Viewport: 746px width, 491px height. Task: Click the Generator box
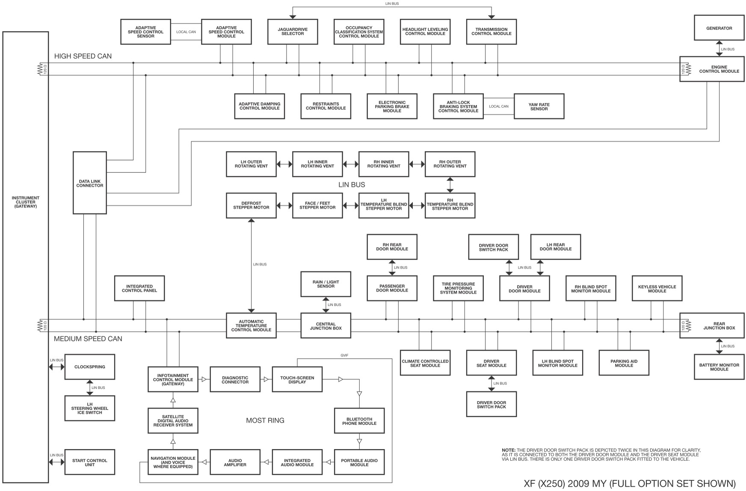click(x=719, y=28)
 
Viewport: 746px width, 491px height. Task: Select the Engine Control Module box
click(x=719, y=69)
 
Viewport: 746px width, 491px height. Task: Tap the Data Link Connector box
click(x=90, y=183)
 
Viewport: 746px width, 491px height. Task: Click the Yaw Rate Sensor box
click(x=539, y=106)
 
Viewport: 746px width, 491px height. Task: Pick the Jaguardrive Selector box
click(x=293, y=32)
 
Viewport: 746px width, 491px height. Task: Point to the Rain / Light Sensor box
click(x=326, y=284)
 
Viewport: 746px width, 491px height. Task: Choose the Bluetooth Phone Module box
click(x=359, y=421)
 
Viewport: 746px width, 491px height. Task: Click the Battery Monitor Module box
click(x=719, y=367)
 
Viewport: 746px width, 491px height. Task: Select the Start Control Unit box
click(x=90, y=462)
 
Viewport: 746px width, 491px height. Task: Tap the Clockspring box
click(x=90, y=367)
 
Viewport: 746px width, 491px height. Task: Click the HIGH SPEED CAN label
click(x=83, y=56)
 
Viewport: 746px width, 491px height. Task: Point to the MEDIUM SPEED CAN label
click(x=88, y=339)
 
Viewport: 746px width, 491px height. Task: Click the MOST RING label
click(x=265, y=420)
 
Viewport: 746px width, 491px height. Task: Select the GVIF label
click(x=344, y=355)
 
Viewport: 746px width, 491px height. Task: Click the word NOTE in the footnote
click(x=508, y=450)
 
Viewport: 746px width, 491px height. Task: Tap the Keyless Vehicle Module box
click(x=657, y=289)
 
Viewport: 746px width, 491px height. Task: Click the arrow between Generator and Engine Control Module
click(x=719, y=48)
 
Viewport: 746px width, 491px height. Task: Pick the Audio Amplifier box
click(x=235, y=462)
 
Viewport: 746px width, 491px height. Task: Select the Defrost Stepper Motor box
click(x=251, y=206)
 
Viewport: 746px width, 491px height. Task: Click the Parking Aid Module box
click(x=624, y=363)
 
